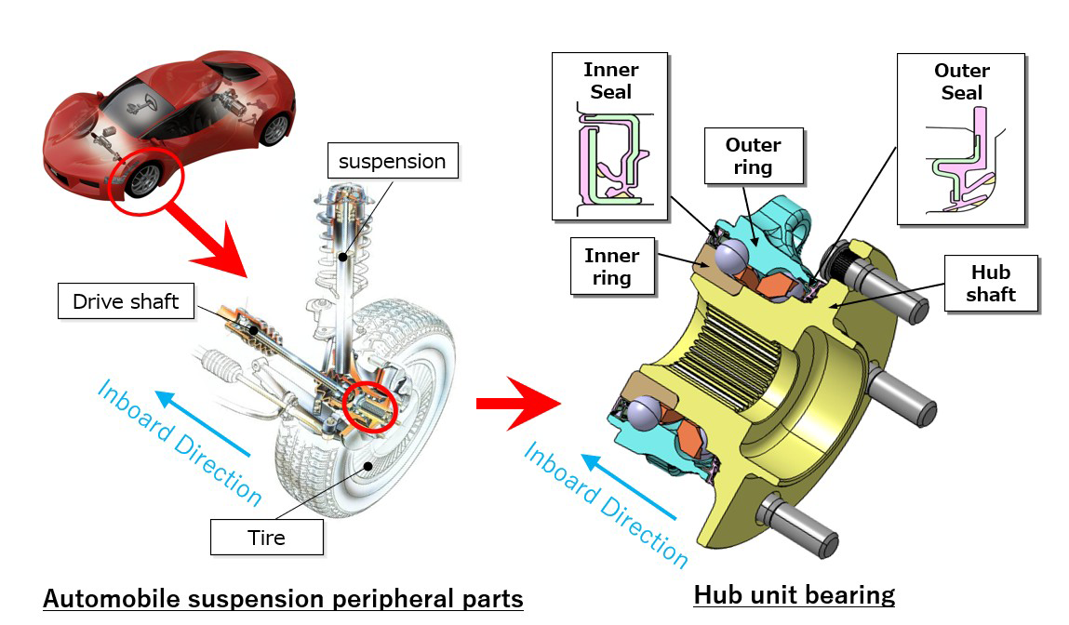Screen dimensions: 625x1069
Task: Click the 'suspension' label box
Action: tap(392, 161)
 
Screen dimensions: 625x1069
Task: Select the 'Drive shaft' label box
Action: tap(126, 301)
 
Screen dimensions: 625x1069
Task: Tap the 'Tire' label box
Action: tap(266, 537)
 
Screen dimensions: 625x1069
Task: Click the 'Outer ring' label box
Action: tap(753, 156)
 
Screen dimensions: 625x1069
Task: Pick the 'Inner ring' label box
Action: tap(611, 266)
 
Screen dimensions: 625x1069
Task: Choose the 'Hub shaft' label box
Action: tap(990, 284)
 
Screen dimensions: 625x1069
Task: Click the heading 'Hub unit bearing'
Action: tap(794, 594)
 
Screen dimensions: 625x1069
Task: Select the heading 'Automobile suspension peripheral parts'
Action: tap(283, 598)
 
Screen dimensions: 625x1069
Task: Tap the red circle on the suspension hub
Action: tap(369, 407)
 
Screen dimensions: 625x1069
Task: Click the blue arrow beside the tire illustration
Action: tap(204, 423)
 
